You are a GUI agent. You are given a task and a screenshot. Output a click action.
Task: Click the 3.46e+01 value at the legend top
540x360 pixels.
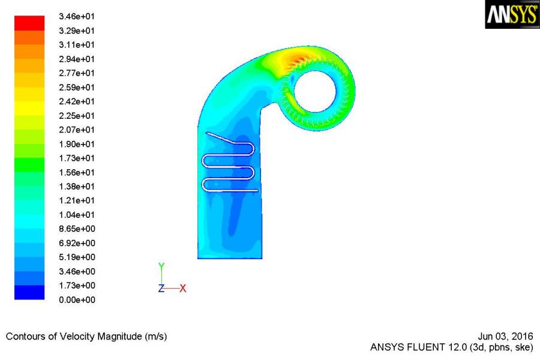pos(76,16)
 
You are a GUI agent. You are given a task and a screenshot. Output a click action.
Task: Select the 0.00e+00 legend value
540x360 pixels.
pos(77,300)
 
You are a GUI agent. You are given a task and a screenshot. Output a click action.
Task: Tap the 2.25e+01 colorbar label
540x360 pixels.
pos(76,116)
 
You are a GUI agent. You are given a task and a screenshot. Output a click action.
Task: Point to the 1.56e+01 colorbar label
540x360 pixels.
pos(76,172)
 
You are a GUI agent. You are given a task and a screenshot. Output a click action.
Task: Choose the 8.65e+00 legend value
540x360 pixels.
pos(77,229)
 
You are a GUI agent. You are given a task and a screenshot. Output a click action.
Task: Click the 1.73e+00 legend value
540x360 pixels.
pos(77,285)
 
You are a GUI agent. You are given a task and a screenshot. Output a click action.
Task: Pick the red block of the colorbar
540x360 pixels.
pos(29,23)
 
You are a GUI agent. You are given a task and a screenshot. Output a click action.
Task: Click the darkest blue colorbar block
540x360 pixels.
pos(29,292)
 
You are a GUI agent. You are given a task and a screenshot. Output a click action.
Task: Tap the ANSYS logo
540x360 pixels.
pos(512,14)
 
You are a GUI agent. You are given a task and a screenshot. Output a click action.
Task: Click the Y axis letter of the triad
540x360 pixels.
pos(161,266)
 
